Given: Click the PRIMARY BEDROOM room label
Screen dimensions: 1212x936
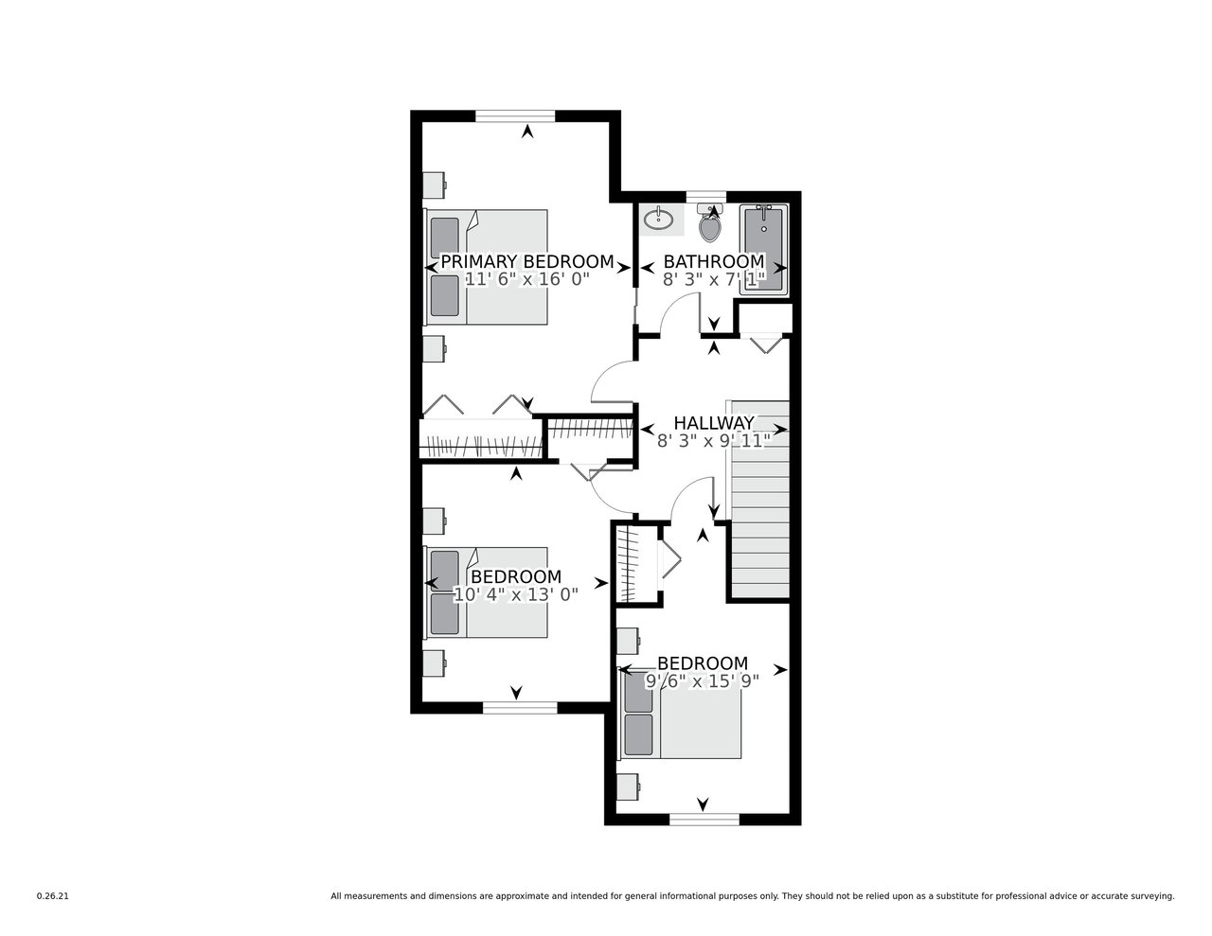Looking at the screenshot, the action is point(527,261).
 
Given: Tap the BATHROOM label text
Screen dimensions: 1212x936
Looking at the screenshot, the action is point(714,261).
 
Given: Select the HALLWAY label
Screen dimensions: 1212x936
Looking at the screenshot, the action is point(714,423).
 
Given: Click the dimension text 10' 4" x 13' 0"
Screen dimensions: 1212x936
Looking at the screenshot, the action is point(515,595).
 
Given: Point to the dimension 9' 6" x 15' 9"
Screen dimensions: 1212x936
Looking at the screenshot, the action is point(703,681).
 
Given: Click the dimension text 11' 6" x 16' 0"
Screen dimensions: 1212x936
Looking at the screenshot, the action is point(527,279).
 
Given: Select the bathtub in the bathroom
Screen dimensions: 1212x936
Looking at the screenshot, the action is point(763,249).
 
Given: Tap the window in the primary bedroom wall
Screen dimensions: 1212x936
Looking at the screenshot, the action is point(515,115).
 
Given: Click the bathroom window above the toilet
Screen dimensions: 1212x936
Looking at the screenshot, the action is point(706,196).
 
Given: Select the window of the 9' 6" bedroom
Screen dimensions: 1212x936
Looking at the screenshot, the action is point(704,820).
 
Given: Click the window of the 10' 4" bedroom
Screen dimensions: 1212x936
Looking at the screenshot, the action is point(520,708).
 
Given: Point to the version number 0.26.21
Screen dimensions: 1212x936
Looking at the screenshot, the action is point(52,896).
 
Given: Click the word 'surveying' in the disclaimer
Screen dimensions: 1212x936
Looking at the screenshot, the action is point(1154,897).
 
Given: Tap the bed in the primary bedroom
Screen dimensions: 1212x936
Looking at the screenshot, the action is point(486,267).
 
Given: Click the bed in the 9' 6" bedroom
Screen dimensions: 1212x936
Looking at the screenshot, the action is point(681,715).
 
